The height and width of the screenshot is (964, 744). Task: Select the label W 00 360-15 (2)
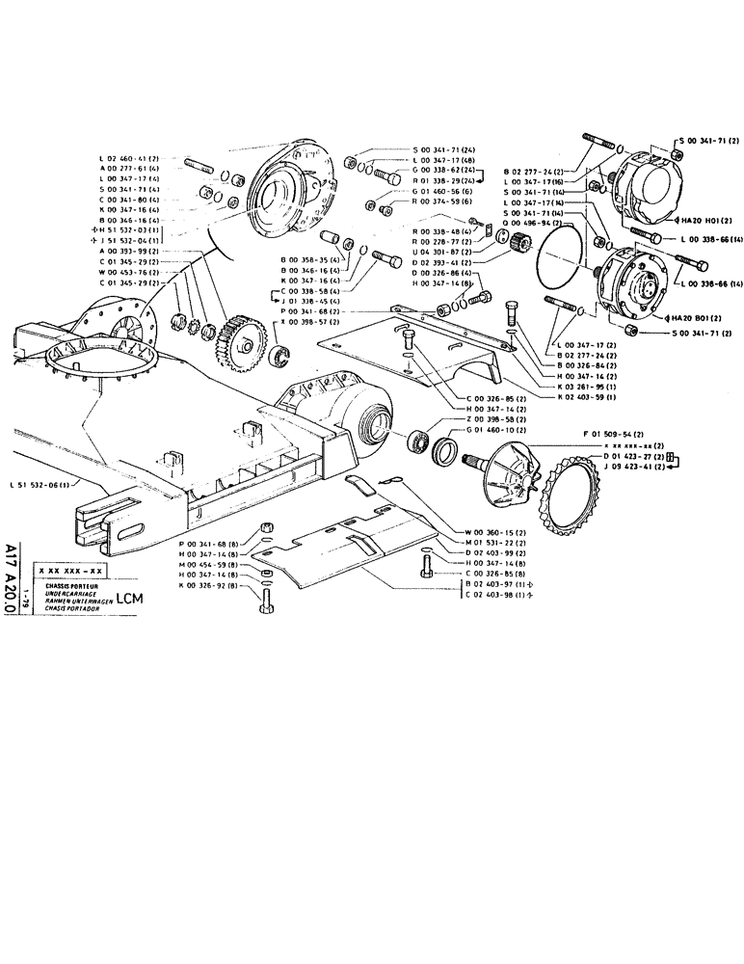click(x=495, y=532)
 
